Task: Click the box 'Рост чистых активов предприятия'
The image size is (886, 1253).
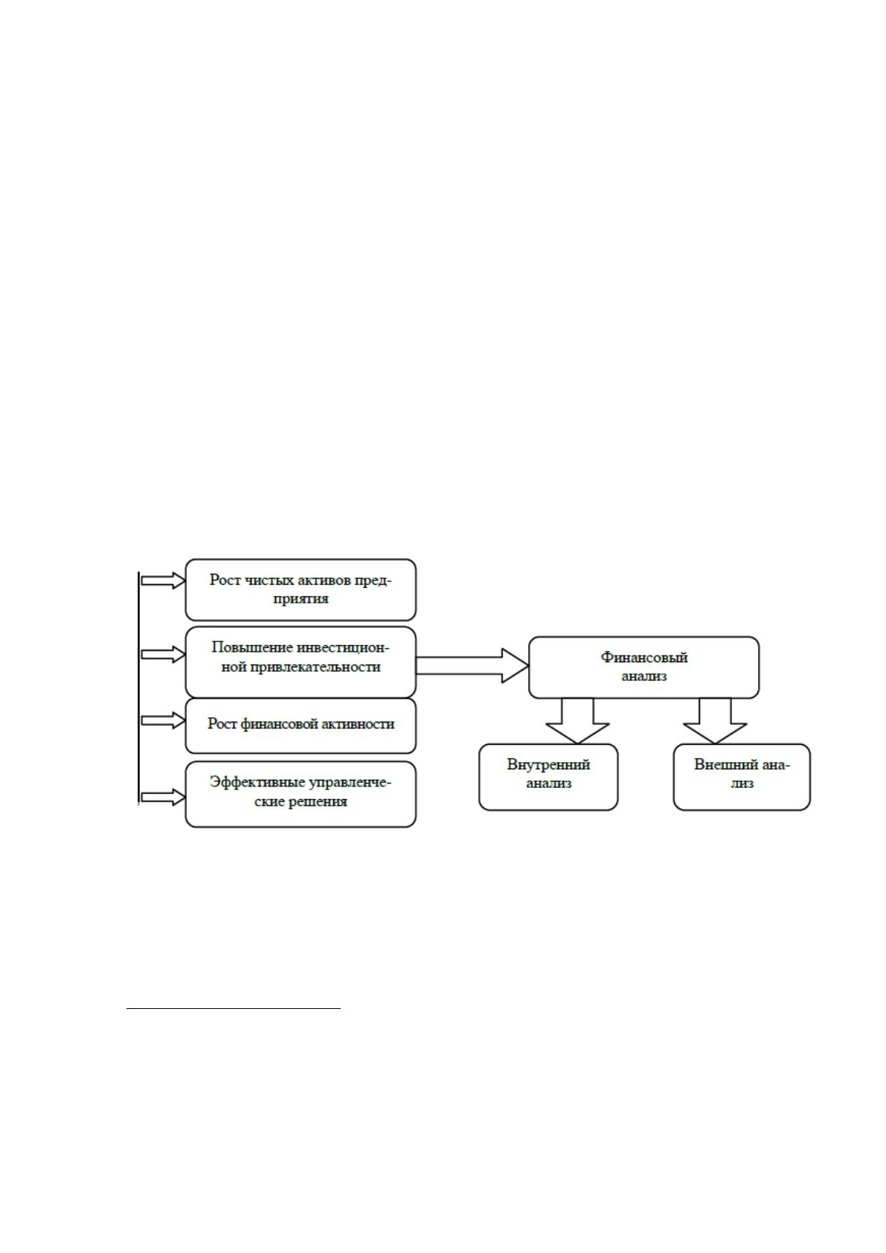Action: coord(301,589)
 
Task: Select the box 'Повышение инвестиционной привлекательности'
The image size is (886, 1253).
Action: coord(301,661)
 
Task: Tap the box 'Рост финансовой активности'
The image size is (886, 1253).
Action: coord(301,725)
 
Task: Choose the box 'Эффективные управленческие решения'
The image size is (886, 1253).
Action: coord(301,794)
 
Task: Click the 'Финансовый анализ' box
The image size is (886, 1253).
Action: coord(643,667)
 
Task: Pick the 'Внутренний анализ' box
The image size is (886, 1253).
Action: coord(548,777)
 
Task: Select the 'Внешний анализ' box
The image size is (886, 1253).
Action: coord(742,777)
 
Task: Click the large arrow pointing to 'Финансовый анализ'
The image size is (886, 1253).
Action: coord(472,666)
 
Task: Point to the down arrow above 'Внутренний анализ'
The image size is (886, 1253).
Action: coord(577,721)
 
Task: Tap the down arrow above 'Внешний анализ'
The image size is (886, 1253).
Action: coord(715,721)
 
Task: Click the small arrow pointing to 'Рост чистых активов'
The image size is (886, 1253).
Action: coord(163,580)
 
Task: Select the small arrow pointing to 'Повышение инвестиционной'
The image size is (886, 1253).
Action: coord(163,655)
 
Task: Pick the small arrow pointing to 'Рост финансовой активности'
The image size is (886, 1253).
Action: coord(163,720)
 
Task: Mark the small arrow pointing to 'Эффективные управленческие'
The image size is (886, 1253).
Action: coord(163,797)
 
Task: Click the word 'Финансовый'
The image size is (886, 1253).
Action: coord(643,658)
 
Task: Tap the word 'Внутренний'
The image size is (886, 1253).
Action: coord(548,765)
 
